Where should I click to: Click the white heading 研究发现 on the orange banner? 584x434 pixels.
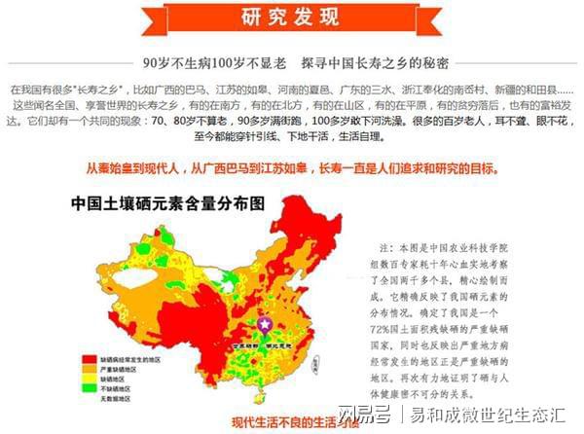pyautogui.click(x=291, y=17)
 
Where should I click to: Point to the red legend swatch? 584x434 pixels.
pyautogui.click(x=91, y=360)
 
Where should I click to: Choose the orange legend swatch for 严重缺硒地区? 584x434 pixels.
pyautogui.click(x=91, y=371)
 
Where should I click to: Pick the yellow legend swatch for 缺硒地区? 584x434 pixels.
pyautogui.click(x=91, y=380)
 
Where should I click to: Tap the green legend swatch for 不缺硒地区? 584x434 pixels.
pyautogui.click(x=91, y=390)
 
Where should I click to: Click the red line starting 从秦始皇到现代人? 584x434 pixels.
pyautogui.click(x=291, y=168)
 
